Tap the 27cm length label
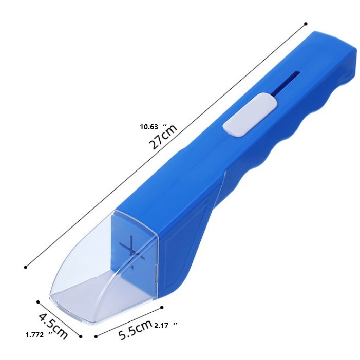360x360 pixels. tap(163, 137)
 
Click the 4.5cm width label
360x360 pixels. tap(53, 326)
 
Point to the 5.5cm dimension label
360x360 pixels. tap(135, 330)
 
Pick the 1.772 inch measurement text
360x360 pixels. tap(39, 335)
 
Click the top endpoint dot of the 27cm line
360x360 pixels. tap(306, 24)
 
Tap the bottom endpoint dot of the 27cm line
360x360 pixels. tap(26, 267)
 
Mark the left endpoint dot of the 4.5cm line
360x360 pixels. tap(38, 302)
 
